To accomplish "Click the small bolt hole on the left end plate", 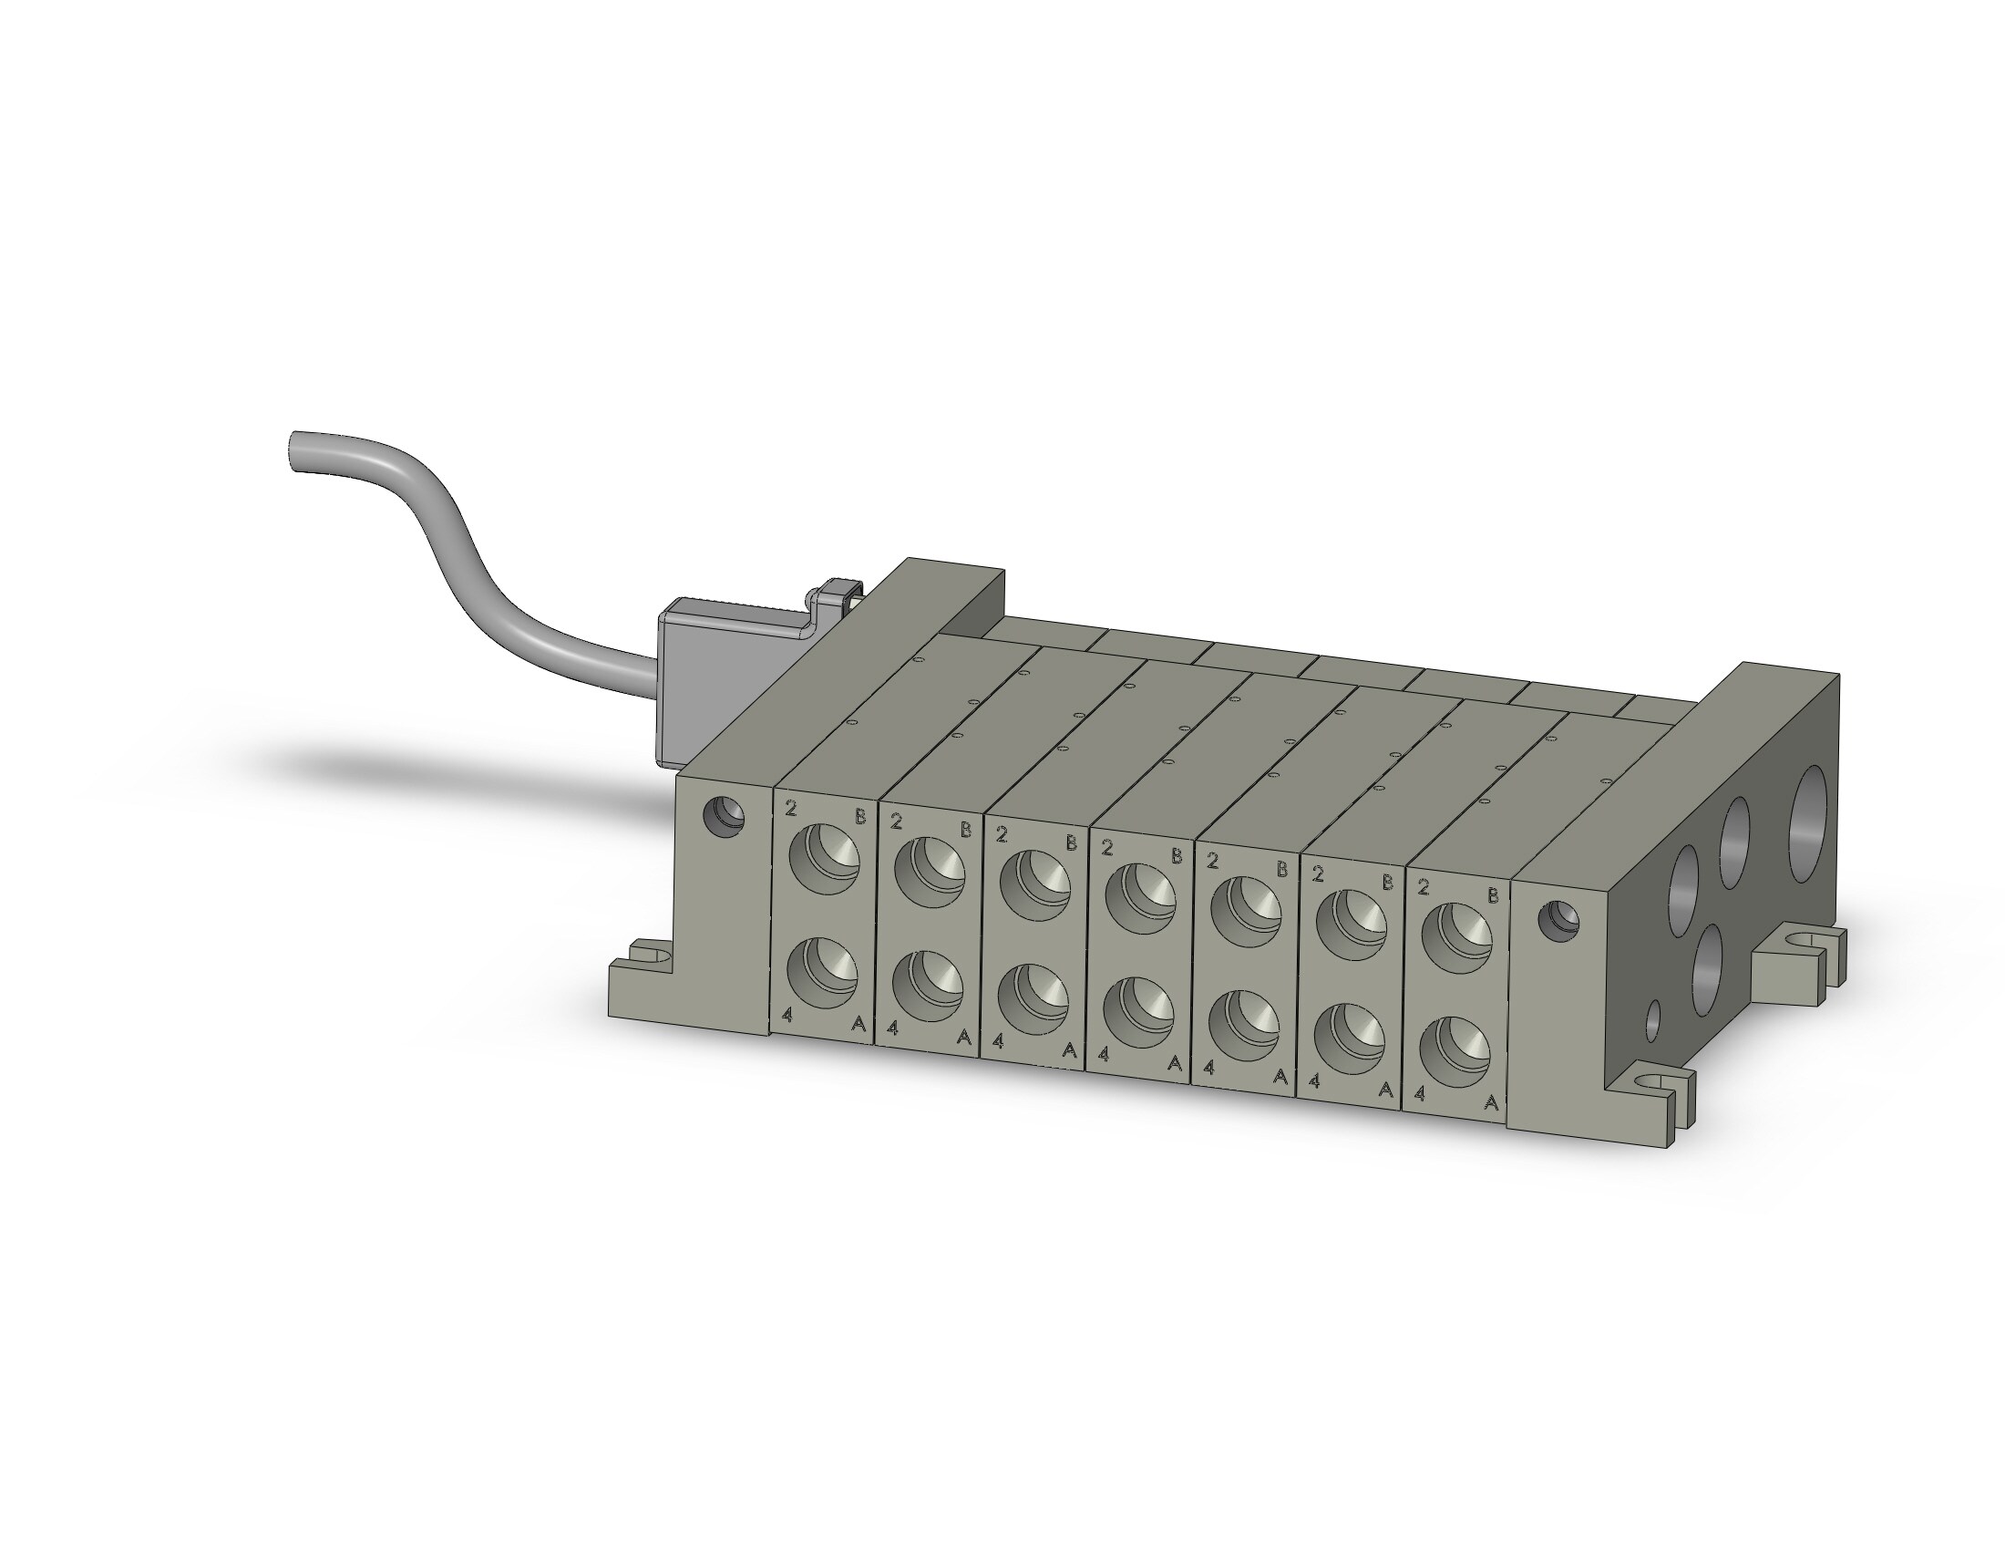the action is coord(724,814).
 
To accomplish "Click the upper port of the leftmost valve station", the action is coord(825,858).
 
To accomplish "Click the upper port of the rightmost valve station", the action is coord(1457,937).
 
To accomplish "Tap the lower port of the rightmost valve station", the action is coord(1455,1050).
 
